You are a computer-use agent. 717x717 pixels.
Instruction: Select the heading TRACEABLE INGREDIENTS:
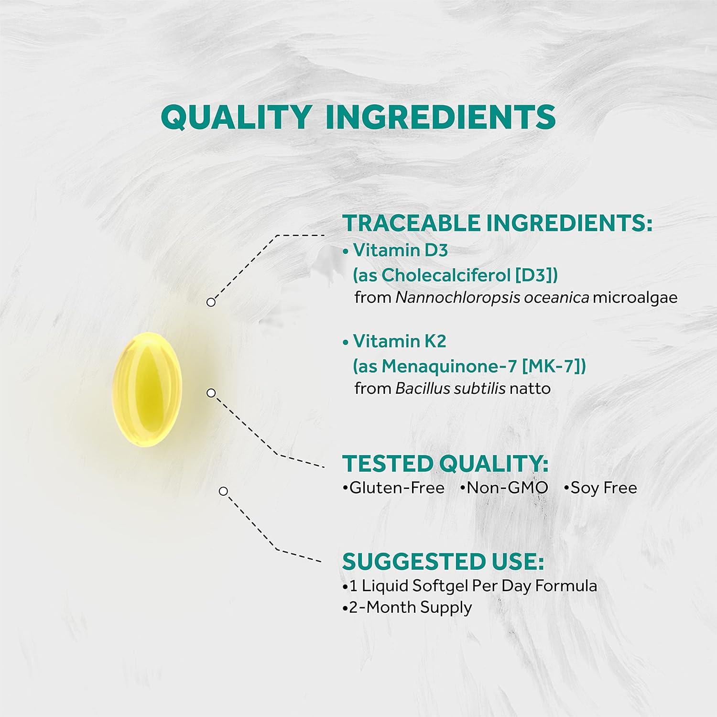[497, 223]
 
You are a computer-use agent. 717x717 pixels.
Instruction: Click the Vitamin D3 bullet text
[400, 250]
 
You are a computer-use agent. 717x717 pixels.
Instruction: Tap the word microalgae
[635, 297]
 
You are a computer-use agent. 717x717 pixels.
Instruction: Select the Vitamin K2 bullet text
[399, 341]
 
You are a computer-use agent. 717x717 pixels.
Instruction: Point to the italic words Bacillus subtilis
[450, 388]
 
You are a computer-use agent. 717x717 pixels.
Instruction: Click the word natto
[530, 388]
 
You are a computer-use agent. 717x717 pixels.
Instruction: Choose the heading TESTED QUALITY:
[445, 464]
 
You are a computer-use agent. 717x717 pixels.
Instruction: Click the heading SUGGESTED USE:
[443, 562]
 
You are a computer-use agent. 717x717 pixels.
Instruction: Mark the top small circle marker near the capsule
[211, 302]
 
